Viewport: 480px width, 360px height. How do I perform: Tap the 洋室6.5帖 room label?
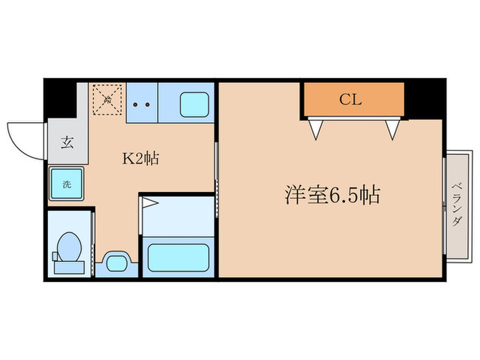[x=332, y=196]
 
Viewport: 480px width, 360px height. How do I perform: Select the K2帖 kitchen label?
[x=141, y=160]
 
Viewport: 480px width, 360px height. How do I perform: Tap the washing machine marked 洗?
[x=67, y=184]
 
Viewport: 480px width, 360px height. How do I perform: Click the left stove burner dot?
[x=136, y=105]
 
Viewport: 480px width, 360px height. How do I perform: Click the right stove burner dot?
[x=147, y=105]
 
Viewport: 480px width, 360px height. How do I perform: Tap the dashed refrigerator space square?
[x=107, y=101]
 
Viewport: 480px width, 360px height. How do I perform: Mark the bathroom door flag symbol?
[x=150, y=204]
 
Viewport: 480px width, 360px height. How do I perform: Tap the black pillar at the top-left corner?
[x=60, y=100]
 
